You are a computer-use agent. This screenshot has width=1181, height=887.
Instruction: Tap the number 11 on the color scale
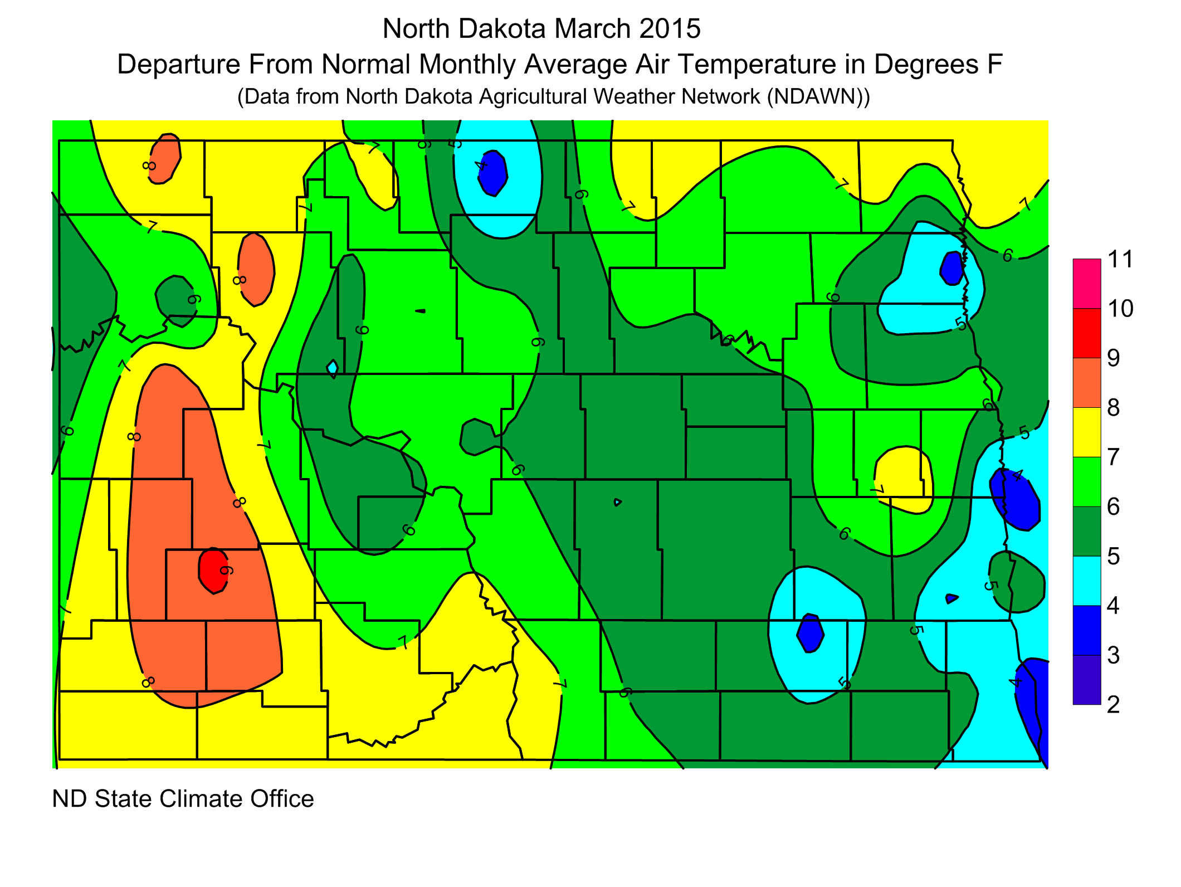pos(1120,260)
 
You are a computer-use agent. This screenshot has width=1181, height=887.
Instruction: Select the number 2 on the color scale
pos(1113,705)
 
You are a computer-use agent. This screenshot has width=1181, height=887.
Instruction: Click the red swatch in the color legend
pos(1086,333)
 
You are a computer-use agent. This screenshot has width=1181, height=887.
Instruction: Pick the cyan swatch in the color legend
pos(1086,581)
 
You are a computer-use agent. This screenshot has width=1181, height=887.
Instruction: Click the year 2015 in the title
pos(670,29)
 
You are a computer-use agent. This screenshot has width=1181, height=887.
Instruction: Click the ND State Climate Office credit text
pos(183,799)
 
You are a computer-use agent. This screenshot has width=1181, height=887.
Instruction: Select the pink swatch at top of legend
pos(1086,283)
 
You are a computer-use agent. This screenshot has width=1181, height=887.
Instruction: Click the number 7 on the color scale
pos(1113,457)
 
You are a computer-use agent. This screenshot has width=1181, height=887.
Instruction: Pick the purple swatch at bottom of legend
pos(1086,680)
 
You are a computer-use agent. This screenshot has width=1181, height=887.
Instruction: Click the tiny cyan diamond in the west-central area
pos(333,368)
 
